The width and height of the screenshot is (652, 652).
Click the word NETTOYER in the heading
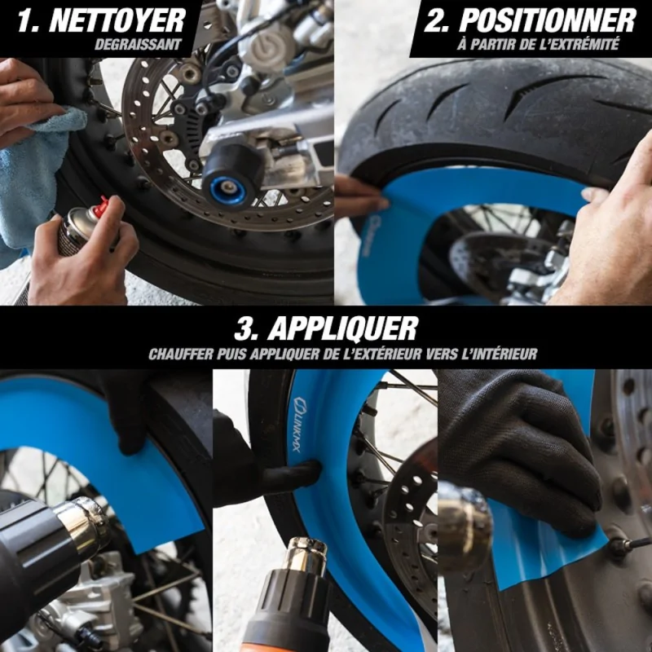tap(117, 20)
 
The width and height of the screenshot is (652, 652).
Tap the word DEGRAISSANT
tap(138, 45)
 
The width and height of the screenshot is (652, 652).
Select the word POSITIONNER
tap(548, 20)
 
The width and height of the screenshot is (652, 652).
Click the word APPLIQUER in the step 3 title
tap(342, 328)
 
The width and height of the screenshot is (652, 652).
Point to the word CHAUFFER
tap(181, 354)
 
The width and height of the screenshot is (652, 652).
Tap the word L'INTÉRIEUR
tap(500, 354)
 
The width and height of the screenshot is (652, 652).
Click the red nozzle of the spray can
tap(101, 205)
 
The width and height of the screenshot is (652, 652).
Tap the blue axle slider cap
tap(228, 190)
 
